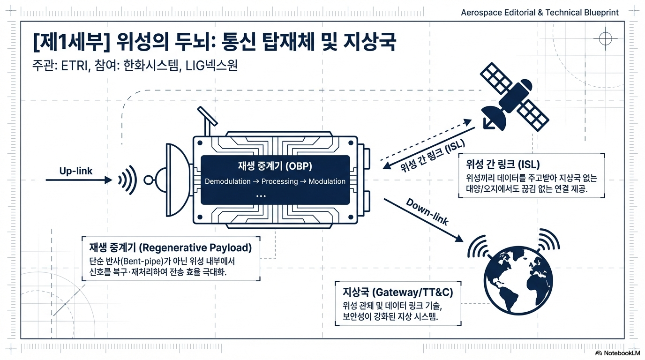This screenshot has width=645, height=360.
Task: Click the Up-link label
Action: pos(76,171)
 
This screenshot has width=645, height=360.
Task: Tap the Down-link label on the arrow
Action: pos(427,212)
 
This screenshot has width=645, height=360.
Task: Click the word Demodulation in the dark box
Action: pos(227,181)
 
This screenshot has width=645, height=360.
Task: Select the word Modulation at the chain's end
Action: pos(327,181)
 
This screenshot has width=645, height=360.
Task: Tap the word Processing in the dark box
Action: pos(280,181)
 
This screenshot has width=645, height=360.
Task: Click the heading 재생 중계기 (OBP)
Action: pos(275,166)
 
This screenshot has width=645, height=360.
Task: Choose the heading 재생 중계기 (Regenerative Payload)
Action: pos(170,247)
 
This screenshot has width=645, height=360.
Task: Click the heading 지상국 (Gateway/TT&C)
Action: pos(398,292)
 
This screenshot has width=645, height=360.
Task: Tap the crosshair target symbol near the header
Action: pos(605,38)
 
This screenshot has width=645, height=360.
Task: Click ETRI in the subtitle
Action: pos(75,65)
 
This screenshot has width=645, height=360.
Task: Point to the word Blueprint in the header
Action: pos(599,13)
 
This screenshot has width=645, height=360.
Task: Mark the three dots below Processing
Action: pos(262,196)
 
